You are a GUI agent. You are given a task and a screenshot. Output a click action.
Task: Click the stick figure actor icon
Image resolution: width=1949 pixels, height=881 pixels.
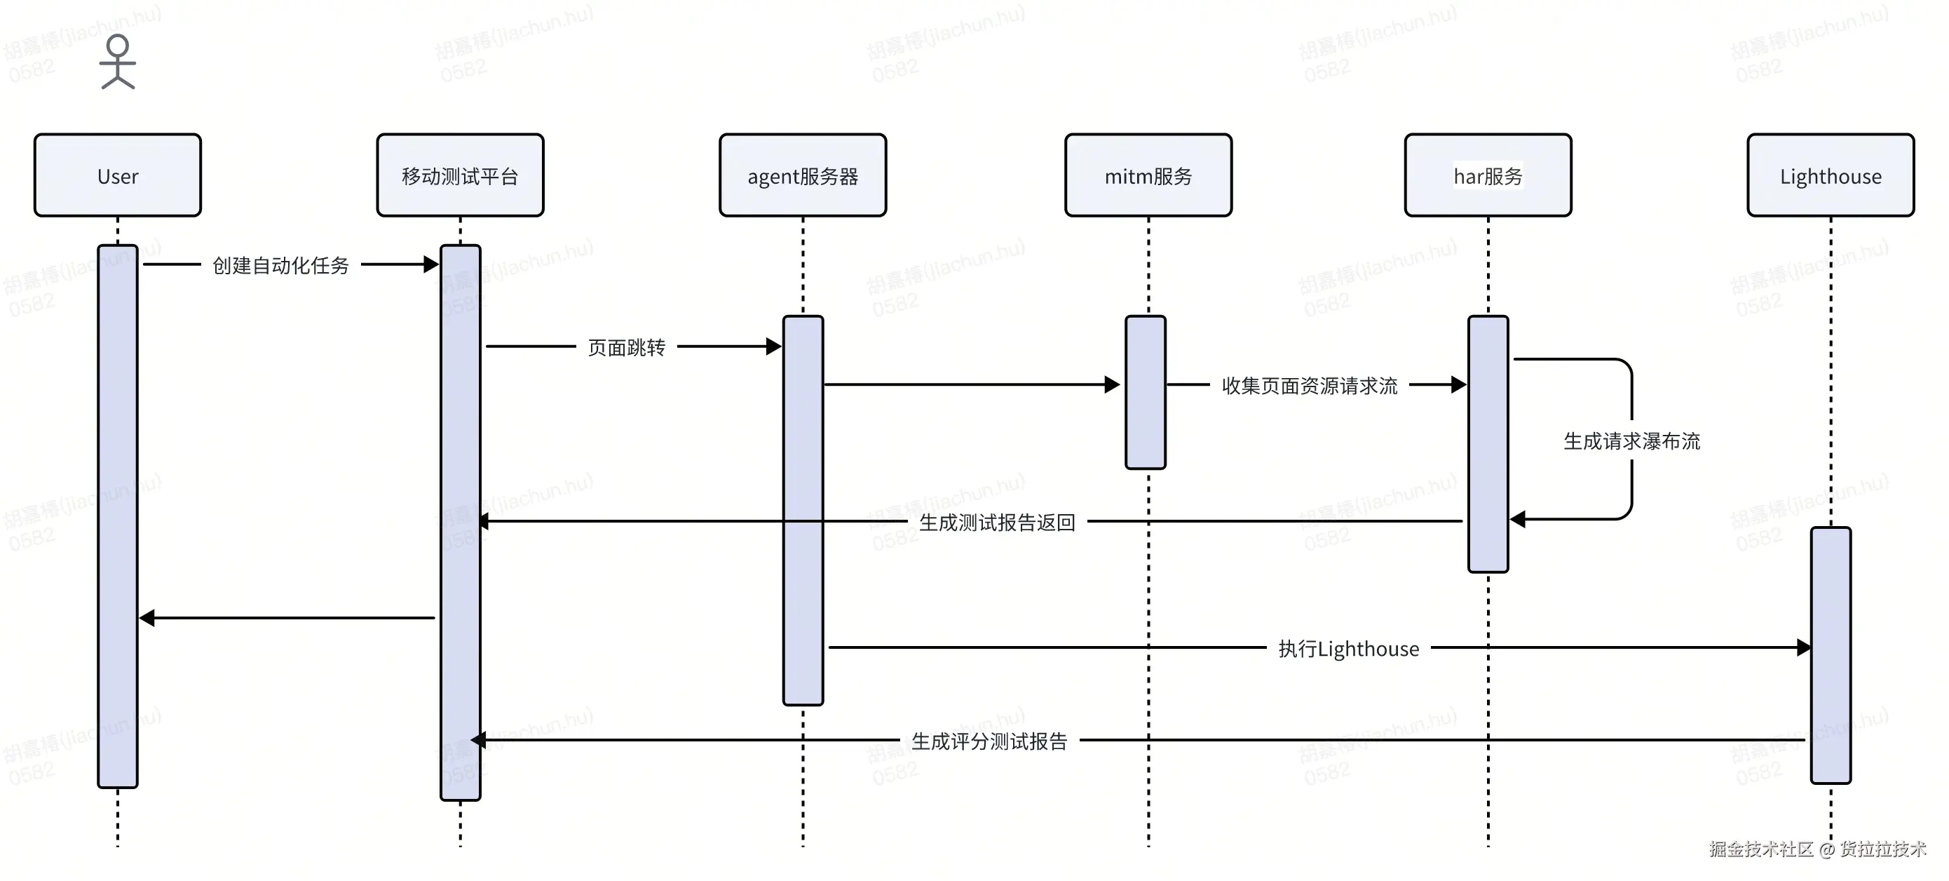click(x=117, y=62)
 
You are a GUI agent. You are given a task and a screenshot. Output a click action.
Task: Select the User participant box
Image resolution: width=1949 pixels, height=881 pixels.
click(x=117, y=175)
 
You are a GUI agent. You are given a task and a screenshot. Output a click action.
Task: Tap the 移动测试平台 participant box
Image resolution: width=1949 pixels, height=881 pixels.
click(x=460, y=175)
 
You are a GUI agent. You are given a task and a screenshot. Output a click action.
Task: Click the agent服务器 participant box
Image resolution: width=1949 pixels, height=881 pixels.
click(x=803, y=175)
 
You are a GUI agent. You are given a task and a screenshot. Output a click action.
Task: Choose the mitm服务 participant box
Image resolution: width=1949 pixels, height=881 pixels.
click(x=1148, y=175)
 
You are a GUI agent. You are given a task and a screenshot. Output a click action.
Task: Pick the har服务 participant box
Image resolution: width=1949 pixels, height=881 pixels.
click(x=1488, y=175)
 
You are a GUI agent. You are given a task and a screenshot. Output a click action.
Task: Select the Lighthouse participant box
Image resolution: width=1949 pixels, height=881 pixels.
click(x=1831, y=175)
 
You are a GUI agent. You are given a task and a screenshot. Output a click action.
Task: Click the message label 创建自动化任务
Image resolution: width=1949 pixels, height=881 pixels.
click(x=280, y=265)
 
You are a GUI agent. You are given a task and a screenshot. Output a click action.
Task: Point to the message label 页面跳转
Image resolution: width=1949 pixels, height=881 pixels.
click(x=627, y=347)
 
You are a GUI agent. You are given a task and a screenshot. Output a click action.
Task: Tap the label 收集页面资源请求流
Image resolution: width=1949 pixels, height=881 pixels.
click(x=1310, y=386)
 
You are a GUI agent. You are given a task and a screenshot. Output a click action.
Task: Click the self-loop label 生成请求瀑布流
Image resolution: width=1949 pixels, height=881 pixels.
click(x=1631, y=441)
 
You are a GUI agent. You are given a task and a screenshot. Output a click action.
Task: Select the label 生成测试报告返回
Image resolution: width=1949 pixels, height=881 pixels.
click(x=997, y=523)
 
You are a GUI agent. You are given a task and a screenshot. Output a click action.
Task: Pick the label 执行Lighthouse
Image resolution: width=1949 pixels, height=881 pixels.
click(x=1348, y=649)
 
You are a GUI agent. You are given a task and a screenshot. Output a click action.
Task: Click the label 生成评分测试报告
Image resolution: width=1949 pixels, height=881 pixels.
click(x=990, y=741)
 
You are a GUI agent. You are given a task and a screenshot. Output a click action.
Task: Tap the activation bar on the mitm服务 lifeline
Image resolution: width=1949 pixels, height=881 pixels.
click(x=1146, y=392)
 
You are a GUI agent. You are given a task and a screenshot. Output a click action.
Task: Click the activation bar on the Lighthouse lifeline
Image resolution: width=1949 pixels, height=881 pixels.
click(x=1831, y=655)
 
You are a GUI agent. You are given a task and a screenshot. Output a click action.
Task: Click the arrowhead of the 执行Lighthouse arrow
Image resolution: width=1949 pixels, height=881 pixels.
click(x=1803, y=647)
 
